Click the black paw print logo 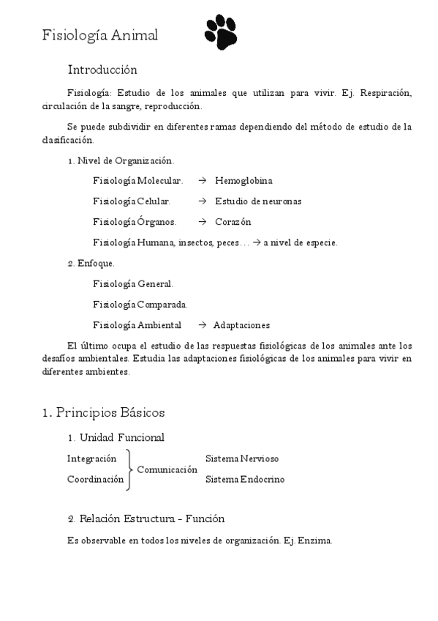[x=221, y=32]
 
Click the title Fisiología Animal [x=99, y=35]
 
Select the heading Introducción [x=102, y=70]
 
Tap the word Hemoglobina [x=244, y=180]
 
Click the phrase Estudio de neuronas [x=258, y=201]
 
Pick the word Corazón [x=233, y=222]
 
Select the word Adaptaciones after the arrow [x=241, y=325]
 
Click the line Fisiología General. [x=133, y=283]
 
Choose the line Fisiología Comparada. [x=140, y=305]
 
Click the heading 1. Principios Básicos [x=103, y=412]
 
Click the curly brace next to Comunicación [x=130, y=469]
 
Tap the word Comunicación [x=167, y=469]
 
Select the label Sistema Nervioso [x=241, y=459]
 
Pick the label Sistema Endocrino [x=244, y=480]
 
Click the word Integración [x=91, y=459]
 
